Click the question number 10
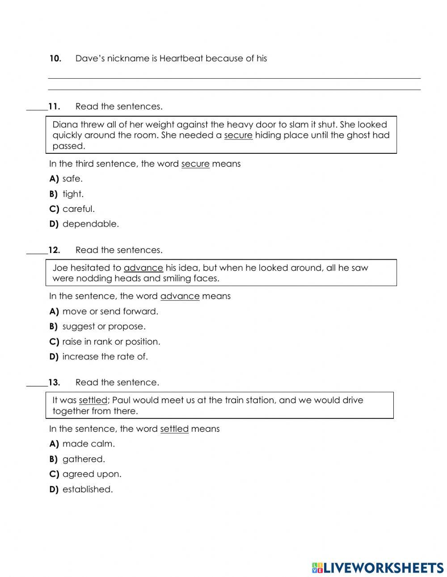point(55,59)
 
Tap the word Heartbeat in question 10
point(181,59)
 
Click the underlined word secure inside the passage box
point(238,135)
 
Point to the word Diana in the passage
point(65,125)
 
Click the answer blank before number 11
point(37,107)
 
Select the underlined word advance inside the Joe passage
point(143,268)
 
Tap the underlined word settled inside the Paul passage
point(93,400)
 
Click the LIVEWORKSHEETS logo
point(377,568)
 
